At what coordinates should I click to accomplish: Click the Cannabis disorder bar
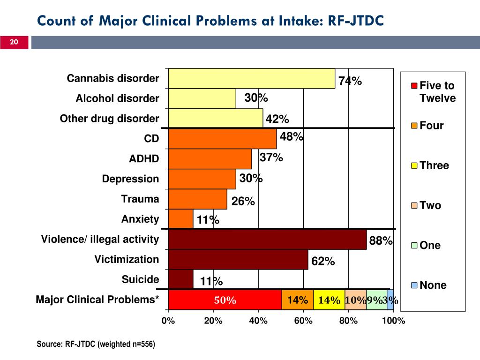point(251,78)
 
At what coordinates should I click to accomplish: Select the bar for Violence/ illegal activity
point(267,240)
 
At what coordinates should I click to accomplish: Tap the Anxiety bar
point(180,219)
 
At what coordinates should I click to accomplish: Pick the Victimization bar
point(238,260)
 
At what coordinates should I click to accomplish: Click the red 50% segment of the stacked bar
point(225,300)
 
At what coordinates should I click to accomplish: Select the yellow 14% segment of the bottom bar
point(329,300)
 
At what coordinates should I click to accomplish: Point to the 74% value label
point(350,81)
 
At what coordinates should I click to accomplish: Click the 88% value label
point(381,241)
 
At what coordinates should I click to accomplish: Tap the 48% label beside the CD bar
point(292,137)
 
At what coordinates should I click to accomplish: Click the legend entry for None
point(433,285)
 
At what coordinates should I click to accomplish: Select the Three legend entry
point(434,165)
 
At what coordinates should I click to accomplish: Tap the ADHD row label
point(144,159)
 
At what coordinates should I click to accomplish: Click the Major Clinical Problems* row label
point(97,300)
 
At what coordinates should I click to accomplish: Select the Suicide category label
point(140,280)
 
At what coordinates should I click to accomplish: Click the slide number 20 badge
point(14,43)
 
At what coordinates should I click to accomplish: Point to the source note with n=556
point(96,345)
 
